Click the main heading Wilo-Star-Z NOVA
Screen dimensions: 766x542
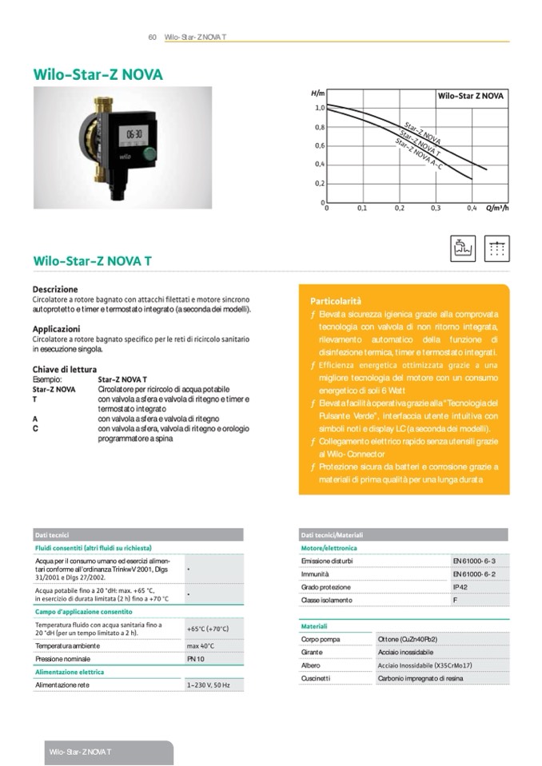click(x=98, y=74)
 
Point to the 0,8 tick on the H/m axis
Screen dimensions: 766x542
click(x=319, y=127)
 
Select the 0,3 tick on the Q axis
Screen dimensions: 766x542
click(x=436, y=208)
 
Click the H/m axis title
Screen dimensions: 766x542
click(x=317, y=94)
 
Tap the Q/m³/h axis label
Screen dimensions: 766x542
click(x=497, y=208)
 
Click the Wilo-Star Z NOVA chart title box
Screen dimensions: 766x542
click(x=471, y=95)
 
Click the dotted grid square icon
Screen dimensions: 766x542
click(x=496, y=248)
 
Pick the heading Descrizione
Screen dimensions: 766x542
click(x=55, y=288)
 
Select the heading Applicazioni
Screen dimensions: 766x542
click(x=56, y=328)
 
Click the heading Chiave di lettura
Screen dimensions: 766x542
click(x=65, y=369)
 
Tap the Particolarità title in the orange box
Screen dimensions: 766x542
click(x=336, y=301)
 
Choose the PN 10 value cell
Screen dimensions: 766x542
click(x=196, y=659)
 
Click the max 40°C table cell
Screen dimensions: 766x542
click(x=201, y=645)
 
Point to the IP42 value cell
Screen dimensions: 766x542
click(x=460, y=587)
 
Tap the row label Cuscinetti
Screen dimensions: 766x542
click(x=315, y=678)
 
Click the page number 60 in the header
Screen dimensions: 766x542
click(x=152, y=38)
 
